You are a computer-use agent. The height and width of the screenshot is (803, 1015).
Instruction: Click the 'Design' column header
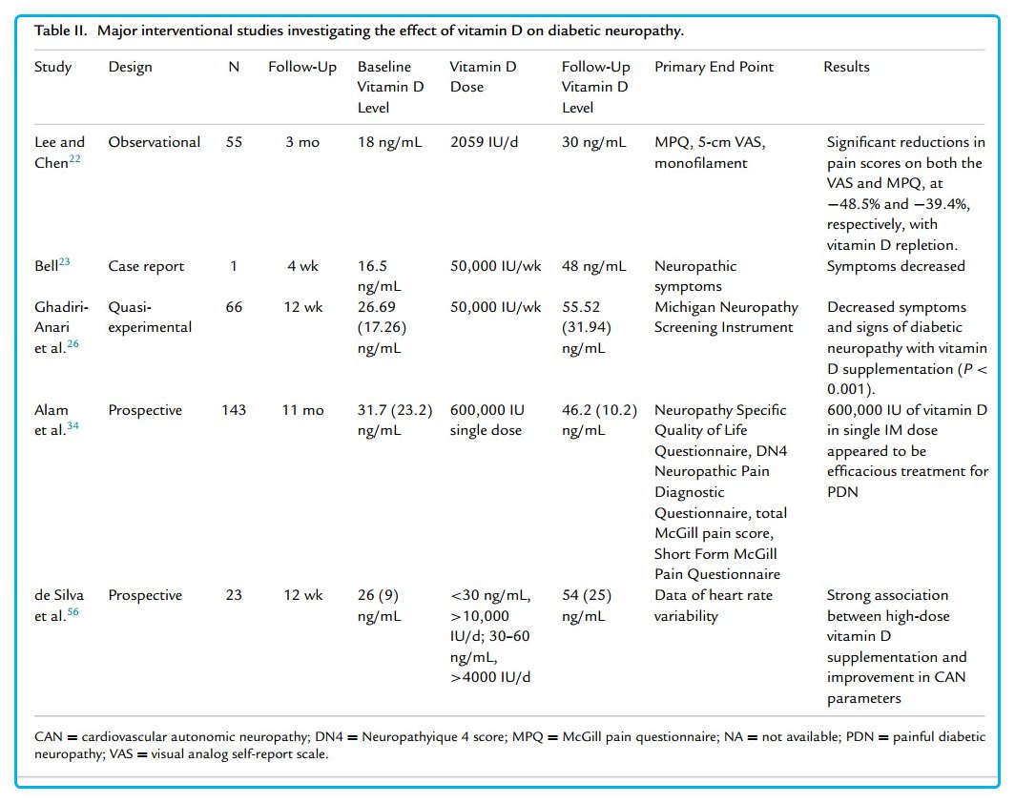coord(130,67)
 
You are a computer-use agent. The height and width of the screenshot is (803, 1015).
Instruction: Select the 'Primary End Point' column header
coord(714,67)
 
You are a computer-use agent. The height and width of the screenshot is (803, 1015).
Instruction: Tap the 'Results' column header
coord(846,67)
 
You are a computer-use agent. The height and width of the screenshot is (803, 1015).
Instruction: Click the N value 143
coord(234,410)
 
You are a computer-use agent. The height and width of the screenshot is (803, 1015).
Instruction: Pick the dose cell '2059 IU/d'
coord(485,142)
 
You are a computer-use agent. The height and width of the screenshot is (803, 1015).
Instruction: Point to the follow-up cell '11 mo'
coord(301,410)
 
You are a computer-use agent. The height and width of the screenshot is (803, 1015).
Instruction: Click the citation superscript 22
coord(75,158)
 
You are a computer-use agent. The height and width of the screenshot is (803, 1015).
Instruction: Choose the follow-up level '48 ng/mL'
coord(593,266)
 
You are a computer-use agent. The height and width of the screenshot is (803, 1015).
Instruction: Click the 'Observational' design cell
coord(155,142)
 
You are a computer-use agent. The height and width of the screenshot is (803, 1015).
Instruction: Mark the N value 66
coord(234,307)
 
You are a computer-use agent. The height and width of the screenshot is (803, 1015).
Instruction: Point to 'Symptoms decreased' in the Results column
coord(896,266)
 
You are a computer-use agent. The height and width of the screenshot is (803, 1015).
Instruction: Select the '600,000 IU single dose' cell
coord(487,420)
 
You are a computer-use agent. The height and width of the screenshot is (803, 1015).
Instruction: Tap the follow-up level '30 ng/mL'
coord(593,142)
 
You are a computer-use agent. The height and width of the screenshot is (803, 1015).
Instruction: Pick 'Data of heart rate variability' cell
coord(715,605)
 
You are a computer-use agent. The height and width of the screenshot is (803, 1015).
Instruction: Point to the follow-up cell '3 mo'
coord(301,142)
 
